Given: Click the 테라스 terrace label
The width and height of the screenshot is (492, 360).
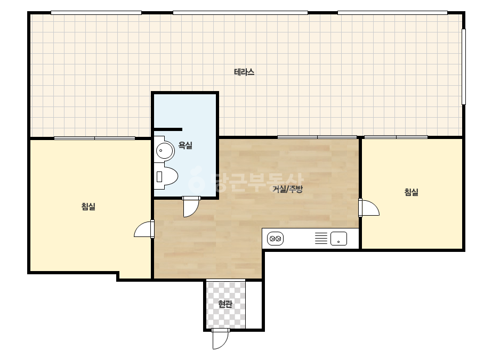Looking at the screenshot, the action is tap(244, 72).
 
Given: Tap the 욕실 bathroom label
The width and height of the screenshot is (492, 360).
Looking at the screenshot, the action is tap(185, 145).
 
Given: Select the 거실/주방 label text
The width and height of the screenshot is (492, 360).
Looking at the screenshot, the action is tap(287, 189).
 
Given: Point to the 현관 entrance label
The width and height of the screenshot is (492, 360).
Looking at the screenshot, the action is tap(225, 304).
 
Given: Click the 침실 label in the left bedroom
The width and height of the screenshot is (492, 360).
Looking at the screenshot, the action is tap(88, 206).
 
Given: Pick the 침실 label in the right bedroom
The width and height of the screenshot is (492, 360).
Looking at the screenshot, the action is tap(412, 192).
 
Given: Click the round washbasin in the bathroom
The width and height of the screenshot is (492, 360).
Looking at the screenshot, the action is tap(165, 150).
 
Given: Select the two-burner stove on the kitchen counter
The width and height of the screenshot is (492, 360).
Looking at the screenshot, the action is tap(275, 239).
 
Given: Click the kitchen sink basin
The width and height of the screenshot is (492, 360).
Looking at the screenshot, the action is tap(338, 239).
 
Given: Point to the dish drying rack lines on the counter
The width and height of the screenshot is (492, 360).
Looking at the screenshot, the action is tap(321, 239).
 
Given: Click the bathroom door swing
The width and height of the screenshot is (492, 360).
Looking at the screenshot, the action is tap(191, 207).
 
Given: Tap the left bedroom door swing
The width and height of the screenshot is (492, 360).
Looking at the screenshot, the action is tap(144, 229).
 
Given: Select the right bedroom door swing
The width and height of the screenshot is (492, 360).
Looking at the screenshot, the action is tap(369, 208).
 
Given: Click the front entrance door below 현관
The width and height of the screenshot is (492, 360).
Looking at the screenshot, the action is tap(220, 339).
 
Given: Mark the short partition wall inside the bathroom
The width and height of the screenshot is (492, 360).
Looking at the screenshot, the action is tap(168, 129).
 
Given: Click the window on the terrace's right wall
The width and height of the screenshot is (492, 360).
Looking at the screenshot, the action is tap(463, 67).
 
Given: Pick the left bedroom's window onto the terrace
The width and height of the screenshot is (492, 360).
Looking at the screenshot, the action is tap(94, 138).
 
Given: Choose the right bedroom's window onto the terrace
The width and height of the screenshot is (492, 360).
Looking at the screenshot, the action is tap(396, 137).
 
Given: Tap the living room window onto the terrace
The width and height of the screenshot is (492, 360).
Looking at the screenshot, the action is tap(317, 137).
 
